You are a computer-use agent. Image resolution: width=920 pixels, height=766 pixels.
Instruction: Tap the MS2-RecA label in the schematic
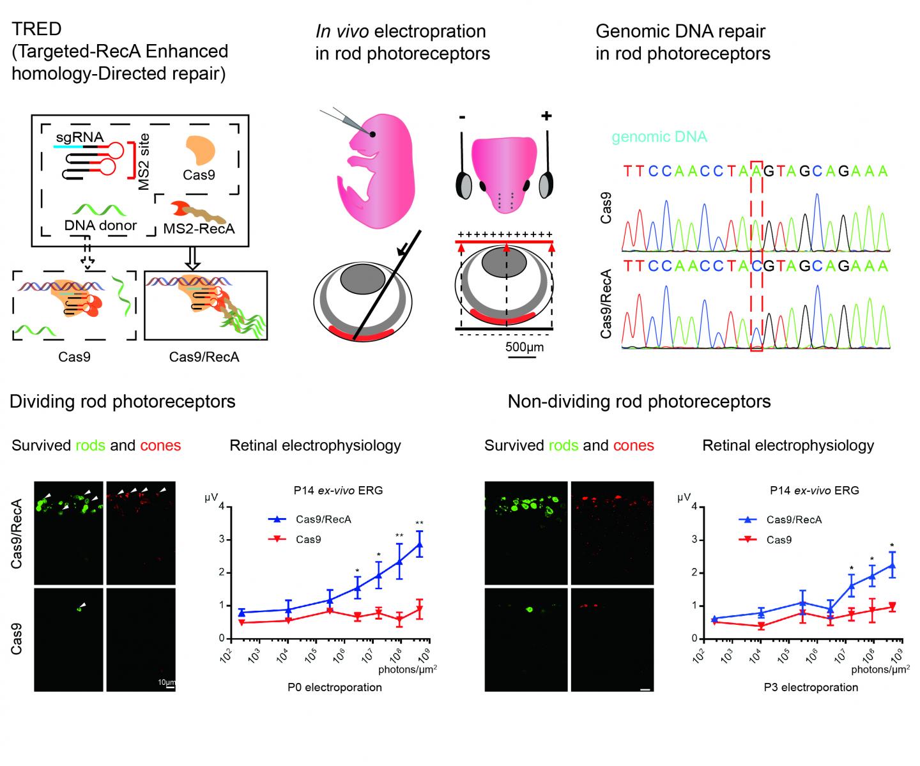coord(199,228)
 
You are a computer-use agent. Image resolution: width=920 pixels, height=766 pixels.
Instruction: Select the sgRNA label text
coord(79,136)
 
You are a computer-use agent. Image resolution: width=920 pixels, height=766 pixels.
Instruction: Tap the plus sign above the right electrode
coord(546,116)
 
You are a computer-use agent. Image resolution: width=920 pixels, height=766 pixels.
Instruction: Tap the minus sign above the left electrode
coord(462,118)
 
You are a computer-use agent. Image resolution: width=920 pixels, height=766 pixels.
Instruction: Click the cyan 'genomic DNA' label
coord(659,137)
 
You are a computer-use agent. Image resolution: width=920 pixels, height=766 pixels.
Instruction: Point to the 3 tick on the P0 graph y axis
coord(221,540)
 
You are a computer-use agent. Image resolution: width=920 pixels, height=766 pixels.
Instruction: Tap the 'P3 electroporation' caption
coord(810,687)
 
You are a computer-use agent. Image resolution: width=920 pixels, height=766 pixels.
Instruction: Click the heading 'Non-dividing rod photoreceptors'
coord(639,401)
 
